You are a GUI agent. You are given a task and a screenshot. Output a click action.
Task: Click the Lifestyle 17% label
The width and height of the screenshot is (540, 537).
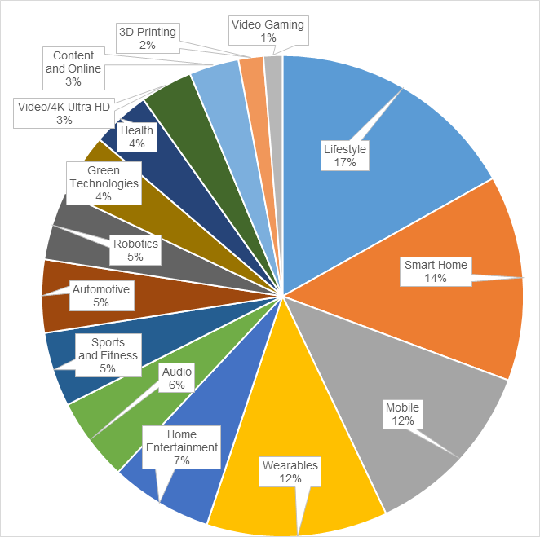point(345,156)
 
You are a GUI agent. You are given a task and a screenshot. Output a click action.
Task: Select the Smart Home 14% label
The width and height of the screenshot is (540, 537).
point(436,271)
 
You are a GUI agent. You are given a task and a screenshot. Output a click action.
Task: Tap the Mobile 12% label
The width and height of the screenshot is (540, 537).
point(403,414)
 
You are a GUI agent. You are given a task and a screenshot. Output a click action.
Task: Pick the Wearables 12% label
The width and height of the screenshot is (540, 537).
point(290,472)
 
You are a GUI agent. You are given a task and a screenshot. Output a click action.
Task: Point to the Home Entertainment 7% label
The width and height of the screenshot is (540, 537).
point(181,447)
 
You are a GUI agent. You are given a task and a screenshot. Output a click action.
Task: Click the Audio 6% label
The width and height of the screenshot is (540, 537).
point(177,379)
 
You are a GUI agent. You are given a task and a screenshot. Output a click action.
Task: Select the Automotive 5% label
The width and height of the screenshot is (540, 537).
point(100,296)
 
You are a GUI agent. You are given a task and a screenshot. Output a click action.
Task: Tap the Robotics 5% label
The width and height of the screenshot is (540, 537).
point(135,250)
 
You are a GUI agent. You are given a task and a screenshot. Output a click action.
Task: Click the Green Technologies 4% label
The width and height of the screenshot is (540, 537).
point(103,183)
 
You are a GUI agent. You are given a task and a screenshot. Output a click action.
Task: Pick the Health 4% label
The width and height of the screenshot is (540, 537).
point(136,137)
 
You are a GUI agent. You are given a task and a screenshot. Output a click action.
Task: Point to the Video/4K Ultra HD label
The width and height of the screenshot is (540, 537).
point(64,113)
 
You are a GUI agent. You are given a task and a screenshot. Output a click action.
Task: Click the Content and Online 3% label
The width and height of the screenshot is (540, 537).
point(73,69)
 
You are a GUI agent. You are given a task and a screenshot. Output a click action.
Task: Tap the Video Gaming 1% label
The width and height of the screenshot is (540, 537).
point(268,31)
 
